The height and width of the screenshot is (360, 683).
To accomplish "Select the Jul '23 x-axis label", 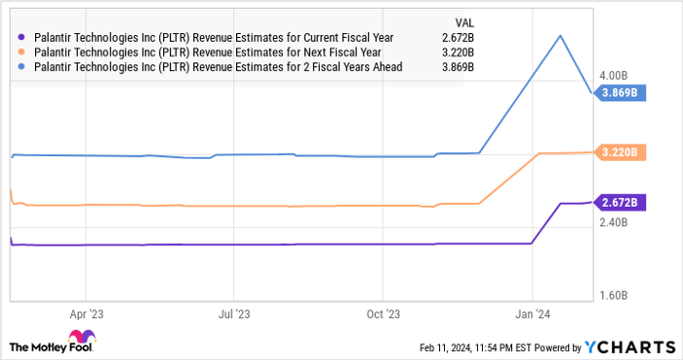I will coord(234,314).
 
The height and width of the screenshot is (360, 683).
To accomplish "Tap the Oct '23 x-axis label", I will coord(383,314).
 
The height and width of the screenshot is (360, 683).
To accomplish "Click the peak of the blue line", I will coord(559,36).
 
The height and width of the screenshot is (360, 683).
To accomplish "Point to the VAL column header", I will coord(466,20).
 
